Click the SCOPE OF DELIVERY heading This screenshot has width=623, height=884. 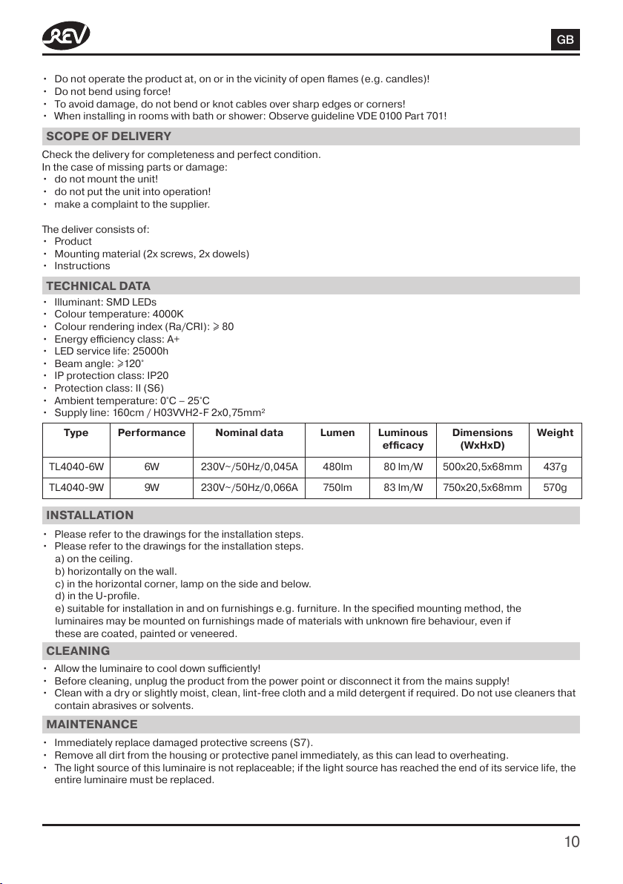pyautogui.click(x=108, y=136)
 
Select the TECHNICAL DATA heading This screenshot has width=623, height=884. pyautogui.click(x=98, y=286)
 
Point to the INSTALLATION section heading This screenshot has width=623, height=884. pyautogui.click(x=90, y=515)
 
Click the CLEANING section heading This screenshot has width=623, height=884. pyautogui.click(x=78, y=650)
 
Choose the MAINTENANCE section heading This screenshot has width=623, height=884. pyautogui.click(x=91, y=723)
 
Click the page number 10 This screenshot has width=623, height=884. pyautogui.click(x=571, y=841)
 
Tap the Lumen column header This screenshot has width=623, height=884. pyautogui.click(x=337, y=432)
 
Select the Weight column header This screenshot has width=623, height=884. pyautogui.click(x=555, y=432)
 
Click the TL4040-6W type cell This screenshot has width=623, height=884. pyautogui.click(x=76, y=467)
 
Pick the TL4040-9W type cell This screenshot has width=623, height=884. pyautogui.click(x=76, y=487)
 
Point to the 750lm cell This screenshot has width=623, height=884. pyautogui.click(x=337, y=487)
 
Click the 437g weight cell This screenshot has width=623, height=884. pyautogui.click(x=555, y=467)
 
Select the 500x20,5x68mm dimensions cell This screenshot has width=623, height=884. pyautogui.click(x=482, y=467)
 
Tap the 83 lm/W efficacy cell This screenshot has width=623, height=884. pyautogui.click(x=403, y=487)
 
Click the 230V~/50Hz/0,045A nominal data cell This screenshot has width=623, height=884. pyautogui.click(x=249, y=467)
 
